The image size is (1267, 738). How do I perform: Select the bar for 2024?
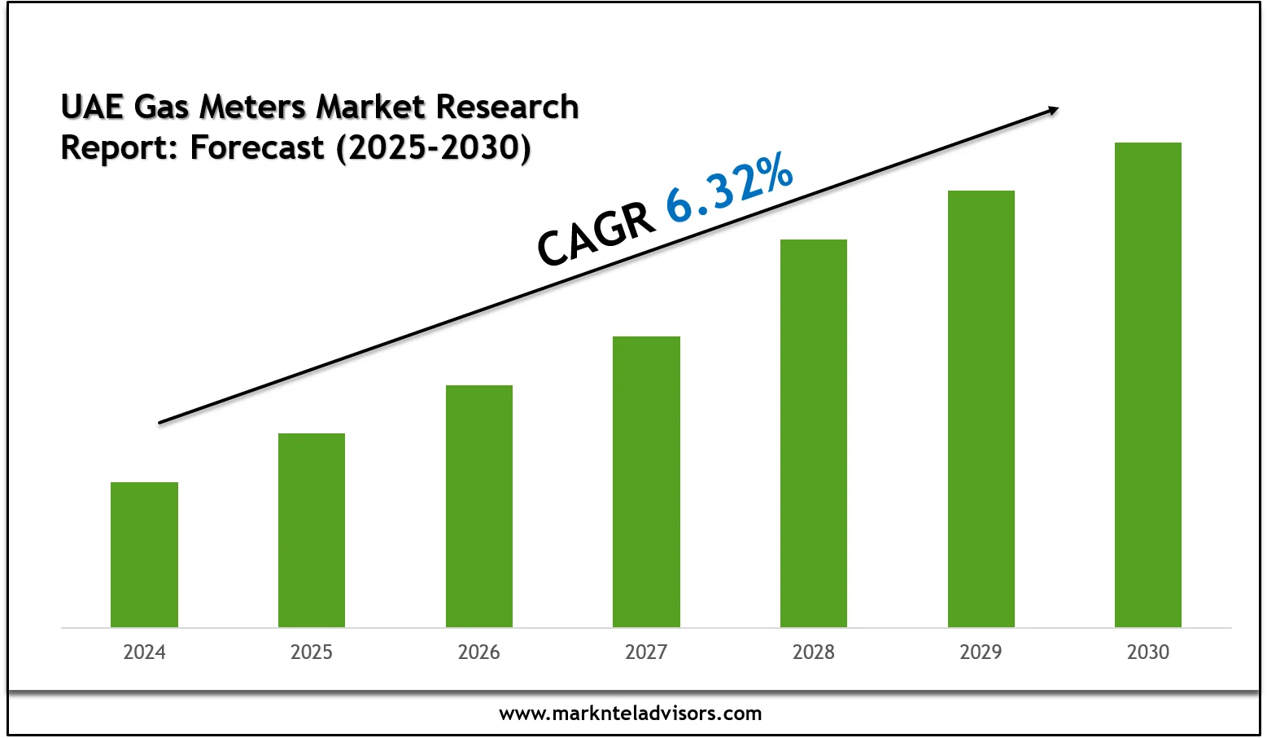(x=144, y=555)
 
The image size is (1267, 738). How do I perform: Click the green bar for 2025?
(x=312, y=530)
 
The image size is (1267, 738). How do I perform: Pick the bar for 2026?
(x=479, y=506)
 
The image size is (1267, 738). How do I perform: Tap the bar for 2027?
(x=646, y=481)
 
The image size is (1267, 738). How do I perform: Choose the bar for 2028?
(x=814, y=433)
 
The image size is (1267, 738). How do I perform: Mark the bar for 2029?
(x=981, y=409)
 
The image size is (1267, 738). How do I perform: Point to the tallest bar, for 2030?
(x=1147, y=384)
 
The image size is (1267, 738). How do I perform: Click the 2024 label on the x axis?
(x=144, y=652)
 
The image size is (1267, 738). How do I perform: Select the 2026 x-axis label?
(x=479, y=652)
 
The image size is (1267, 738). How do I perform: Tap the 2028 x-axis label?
(x=814, y=652)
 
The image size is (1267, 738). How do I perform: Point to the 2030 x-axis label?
(x=1147, y=652)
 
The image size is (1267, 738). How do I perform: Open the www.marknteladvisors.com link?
(x=631, y=714)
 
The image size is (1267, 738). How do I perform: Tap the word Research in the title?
(x=507, y=108)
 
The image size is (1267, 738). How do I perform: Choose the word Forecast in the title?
(x=257, y=148)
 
